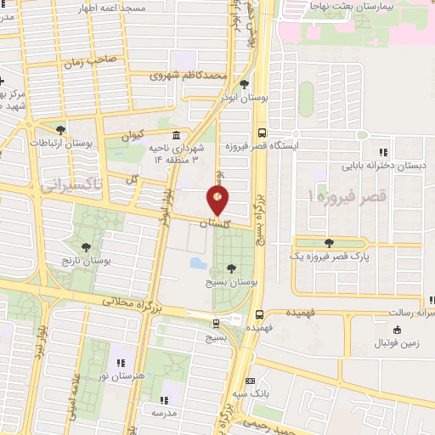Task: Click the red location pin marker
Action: click(217, 199)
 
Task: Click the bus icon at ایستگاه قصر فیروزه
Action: click(261, 133)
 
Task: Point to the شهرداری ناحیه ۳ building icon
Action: click(175, 135)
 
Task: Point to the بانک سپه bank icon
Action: click(250, 381)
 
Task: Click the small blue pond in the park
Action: click(198, 263)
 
